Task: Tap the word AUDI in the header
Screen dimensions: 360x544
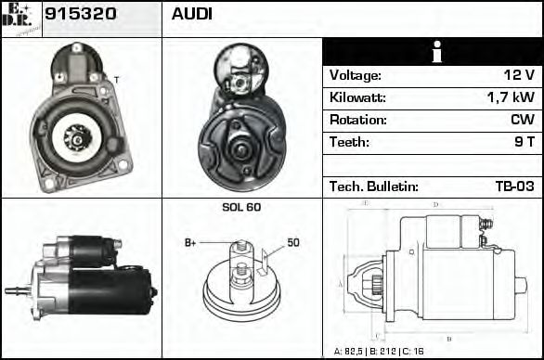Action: [191, 16]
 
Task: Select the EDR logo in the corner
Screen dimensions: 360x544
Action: [21, 18]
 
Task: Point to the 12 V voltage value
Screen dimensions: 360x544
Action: [516, 75]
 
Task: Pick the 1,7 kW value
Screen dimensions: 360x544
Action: [510, 97]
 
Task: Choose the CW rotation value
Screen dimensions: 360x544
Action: [522, 120]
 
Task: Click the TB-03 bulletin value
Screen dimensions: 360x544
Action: [513, 186]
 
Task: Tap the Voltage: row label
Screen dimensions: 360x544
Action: [355, 75]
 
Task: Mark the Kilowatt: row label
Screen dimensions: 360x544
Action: [357, 97]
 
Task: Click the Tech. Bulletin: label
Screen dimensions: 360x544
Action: [374, 186]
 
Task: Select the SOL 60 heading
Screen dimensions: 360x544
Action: [241, 207]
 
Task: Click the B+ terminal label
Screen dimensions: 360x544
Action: [191, 243]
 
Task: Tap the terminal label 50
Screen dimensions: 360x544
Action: [292, 243]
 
